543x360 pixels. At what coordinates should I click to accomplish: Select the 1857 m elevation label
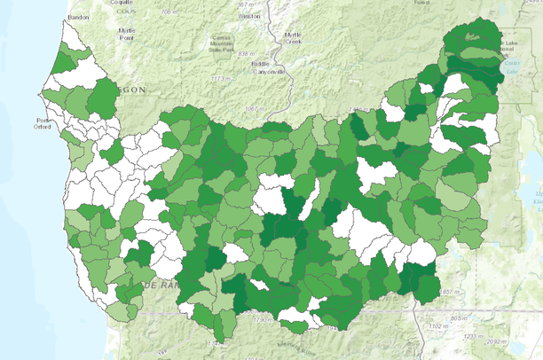click(449, 292)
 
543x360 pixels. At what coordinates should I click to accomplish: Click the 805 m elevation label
click(458, 317)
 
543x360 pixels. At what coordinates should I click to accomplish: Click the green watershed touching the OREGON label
click(105, 96)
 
